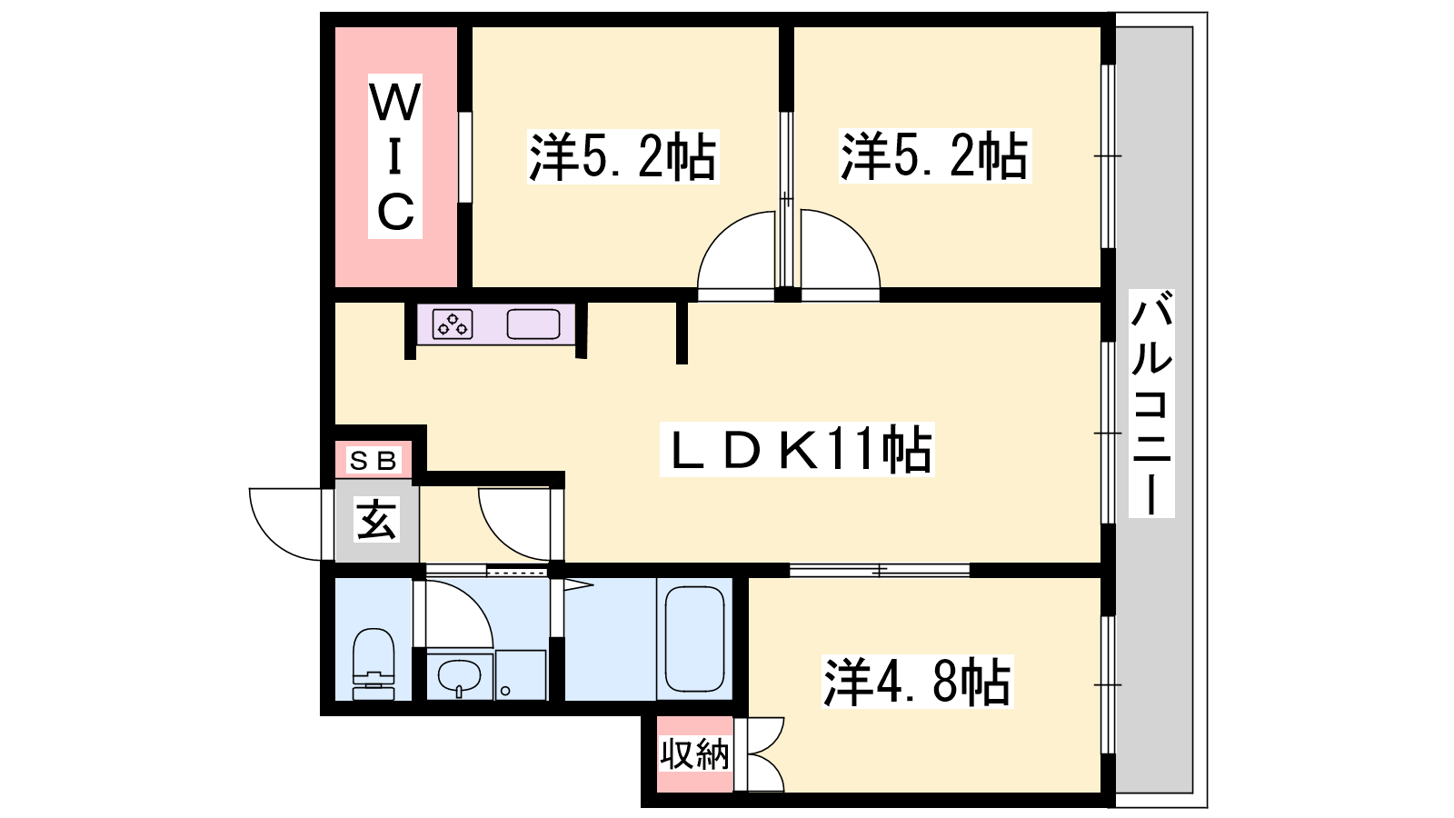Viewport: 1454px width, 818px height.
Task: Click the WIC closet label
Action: [395, 156]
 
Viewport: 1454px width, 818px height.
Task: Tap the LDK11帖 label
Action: [797, 449]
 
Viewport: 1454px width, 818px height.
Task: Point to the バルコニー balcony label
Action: [1151, 404]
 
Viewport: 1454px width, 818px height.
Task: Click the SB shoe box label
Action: [373, 460]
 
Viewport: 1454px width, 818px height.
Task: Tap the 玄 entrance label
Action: [376, 519]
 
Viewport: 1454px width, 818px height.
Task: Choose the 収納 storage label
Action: [694, 754]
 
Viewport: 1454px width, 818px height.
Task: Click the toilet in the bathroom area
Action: [373, 663]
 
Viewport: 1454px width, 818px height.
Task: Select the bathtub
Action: [694, 640]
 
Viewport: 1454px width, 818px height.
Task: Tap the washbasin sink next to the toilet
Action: [459, 676]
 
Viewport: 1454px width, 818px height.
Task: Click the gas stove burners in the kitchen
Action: [453, 324]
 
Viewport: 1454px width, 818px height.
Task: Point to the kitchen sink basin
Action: [533, 324]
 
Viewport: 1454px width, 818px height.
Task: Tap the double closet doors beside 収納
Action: [766, 754]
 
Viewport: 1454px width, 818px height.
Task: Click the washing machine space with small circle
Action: [521, 675]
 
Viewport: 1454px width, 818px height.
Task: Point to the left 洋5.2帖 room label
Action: [622, 156]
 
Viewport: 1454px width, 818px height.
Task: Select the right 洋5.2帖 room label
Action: [935, 155]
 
